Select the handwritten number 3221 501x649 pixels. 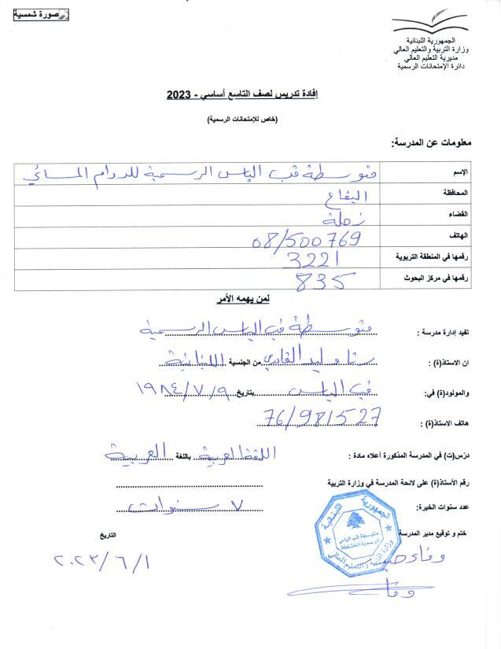pos(310,259)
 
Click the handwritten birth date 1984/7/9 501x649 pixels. pos(178,389)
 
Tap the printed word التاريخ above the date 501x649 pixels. pos(107,535)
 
